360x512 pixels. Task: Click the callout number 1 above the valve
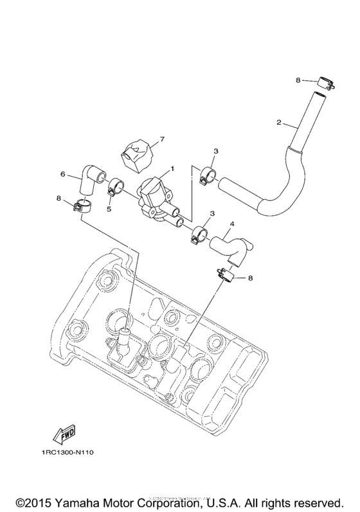pyautogui.click(x=172, y=170)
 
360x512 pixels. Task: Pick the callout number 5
pyautogui.click(x=109, y=208)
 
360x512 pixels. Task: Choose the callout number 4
pyautogui.click(x=232, y=224)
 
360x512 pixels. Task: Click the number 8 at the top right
pyautogui.click(x=298, y=80)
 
